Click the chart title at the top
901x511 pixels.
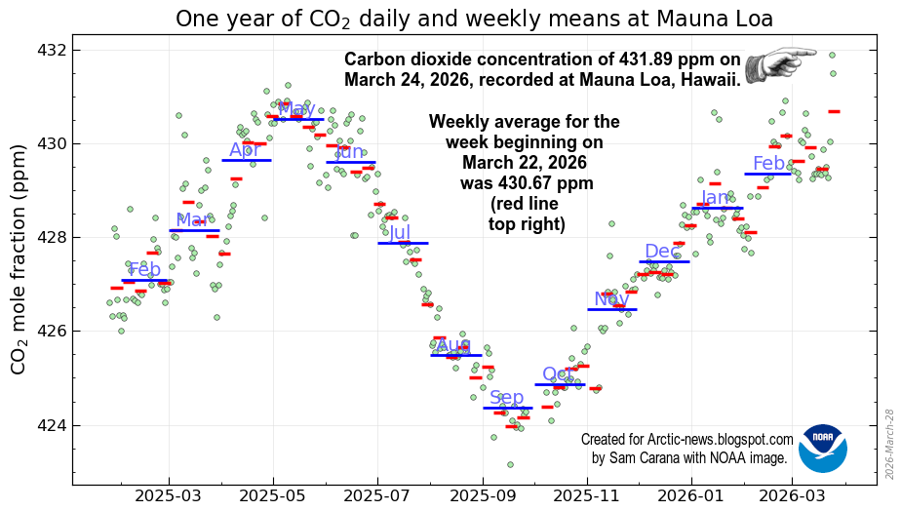[474, 19]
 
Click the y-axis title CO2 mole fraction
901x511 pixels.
[19, 259]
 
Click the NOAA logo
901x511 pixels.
[823, 449]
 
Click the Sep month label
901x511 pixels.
[507, 397]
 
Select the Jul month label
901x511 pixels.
[400, 232]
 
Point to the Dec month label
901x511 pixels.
[661, 252]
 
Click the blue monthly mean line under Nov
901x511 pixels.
[612, 309]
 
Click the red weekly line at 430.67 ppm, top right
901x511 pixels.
[834, 111]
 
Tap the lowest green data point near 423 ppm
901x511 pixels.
[510, 464]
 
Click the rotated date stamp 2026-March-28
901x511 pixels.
[889, 443]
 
